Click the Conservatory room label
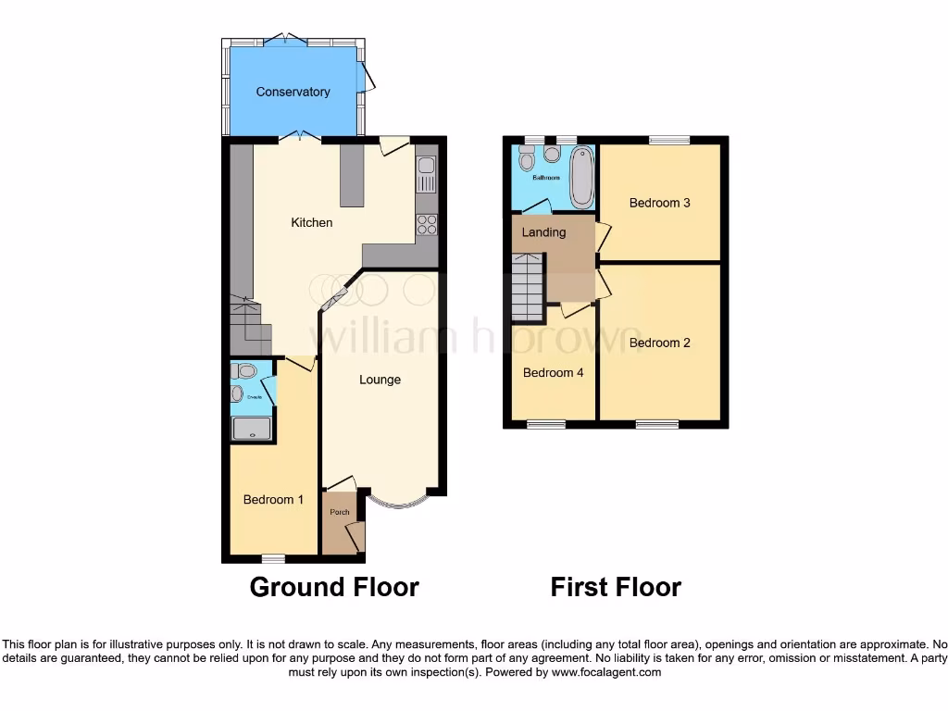[x=293, y=92]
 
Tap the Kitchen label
[x=312, y=222]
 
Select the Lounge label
[x=380, y=380]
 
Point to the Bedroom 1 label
[x=273, y=500]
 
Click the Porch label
[x=339, y=512]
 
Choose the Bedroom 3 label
[x=660, y=203]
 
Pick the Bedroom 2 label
[x=660, y=343]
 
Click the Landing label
[x=543, y=232]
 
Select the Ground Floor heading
[x=334, y=587]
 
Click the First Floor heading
[x=616, y=587]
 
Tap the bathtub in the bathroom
[x=581, y=177]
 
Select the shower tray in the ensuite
[x=252, y=427]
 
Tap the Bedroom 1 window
[x=272, y=558]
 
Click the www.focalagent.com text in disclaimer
[x=606, y=673]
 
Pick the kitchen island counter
[x=352, y=175]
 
